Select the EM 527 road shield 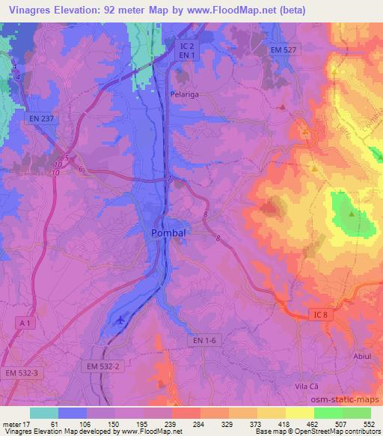click(284, 49)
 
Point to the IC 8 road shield click(321, 315)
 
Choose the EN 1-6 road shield click(203, 340)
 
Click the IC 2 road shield click(187, 46)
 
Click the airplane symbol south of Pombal click(120, 320)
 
